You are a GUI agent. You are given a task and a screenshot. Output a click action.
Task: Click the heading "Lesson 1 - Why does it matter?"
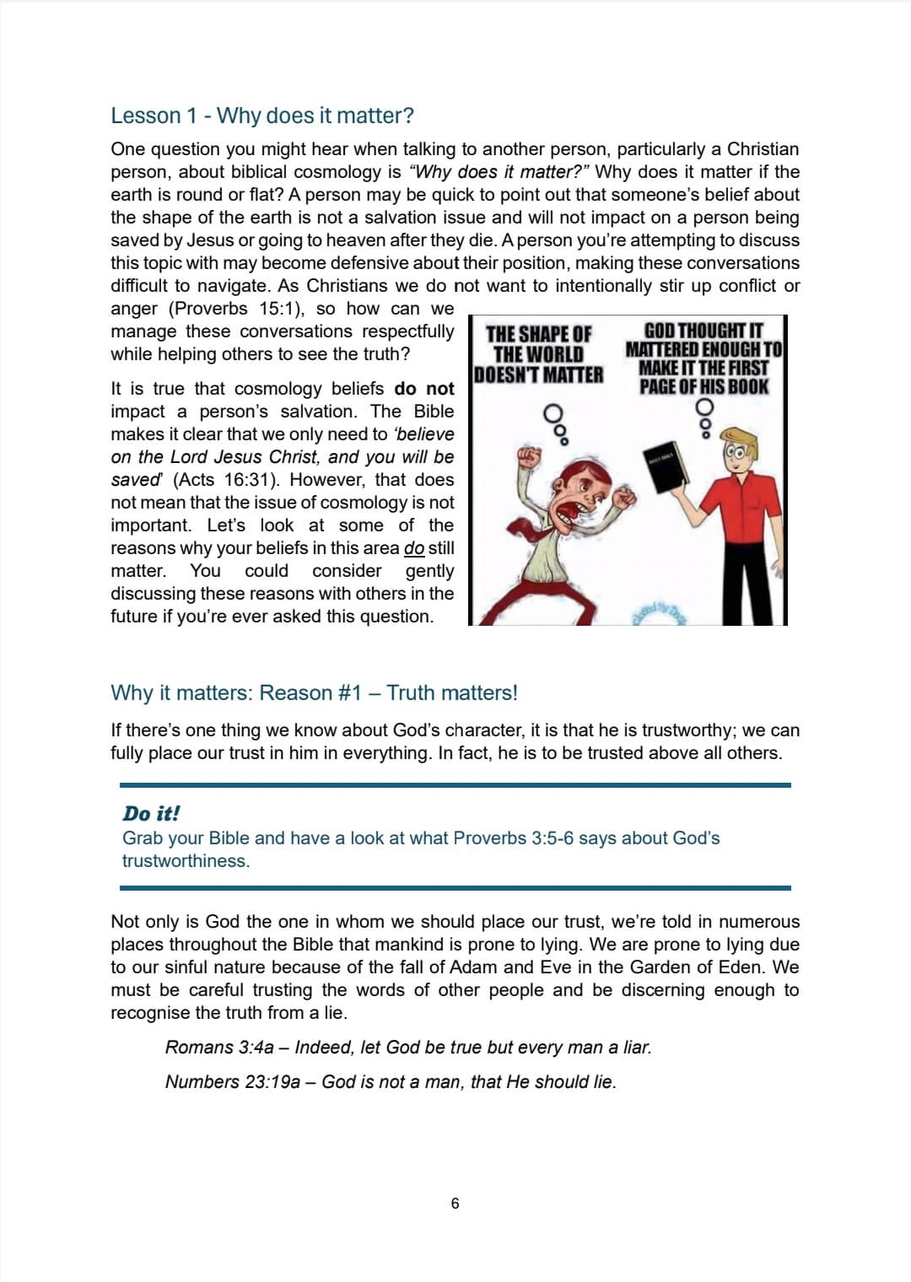pyautogui.click(x=261, y=116)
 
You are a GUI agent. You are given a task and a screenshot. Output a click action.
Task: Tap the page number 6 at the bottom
pyautogui.click(x=455, y=1204)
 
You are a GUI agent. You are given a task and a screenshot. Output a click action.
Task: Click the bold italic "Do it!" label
pyautogui.click(x=151, y=814)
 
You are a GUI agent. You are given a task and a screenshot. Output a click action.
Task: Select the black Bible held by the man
pyautogui.click(x=667, y=466)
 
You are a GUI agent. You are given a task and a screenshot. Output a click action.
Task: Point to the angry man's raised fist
pyautogui.click(x=529, y=458)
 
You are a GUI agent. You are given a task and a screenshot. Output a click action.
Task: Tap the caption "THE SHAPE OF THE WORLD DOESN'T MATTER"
pyautogui.click(x=539, y=354)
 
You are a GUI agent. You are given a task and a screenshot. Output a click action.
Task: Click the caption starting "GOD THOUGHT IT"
pyautogui.click(x=703, y=358)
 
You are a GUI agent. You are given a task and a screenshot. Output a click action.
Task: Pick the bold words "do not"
pyautogui.click(x=423, y=389)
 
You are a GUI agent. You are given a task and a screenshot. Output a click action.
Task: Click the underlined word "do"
pyautogui.click(x=414, y=548)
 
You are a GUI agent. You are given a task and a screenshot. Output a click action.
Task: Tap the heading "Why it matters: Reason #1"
pyautogui.click(x=314, y=693)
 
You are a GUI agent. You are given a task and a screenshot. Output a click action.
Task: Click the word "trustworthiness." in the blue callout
pyautogui.click(x=186, y=861)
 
